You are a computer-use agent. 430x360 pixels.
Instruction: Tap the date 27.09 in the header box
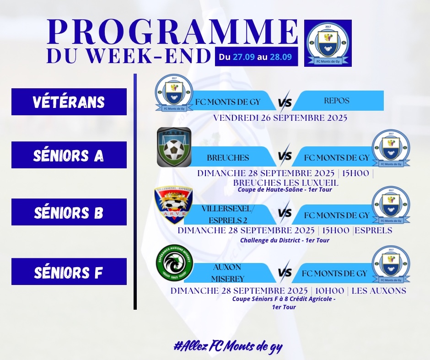click(x=244, y=57)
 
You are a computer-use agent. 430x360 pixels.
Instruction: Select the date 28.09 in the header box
click(x=281, y=57)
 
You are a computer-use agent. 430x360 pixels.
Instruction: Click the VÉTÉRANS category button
click(x=69, y=102)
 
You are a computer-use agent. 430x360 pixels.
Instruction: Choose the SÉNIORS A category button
click(x=69, y=155)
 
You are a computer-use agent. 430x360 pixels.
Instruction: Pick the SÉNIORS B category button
click(x=69, y=212)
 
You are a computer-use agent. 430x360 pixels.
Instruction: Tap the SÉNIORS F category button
click(x=69, y=271)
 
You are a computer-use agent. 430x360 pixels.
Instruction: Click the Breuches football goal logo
click(x=174, y=147)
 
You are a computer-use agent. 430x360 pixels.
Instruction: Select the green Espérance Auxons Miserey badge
click(x=174, y=263)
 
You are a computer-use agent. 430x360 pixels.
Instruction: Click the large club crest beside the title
click(x=328, y=43)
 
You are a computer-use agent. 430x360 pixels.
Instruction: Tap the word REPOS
click(x=337, y=101)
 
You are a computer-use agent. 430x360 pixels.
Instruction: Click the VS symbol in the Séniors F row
click(x=285, y=272)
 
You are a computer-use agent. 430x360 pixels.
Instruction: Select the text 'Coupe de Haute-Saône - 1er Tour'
click(x=285, y=189)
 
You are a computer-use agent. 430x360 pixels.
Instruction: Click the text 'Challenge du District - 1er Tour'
click(x=285, y=241)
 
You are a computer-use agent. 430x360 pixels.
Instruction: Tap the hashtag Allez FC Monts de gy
click(x=228, y=347)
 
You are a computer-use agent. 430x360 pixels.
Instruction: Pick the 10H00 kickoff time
click(x=329, y=290)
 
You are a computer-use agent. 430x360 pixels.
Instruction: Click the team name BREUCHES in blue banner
click(x=228, y=158)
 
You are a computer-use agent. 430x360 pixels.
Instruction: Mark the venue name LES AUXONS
click(x=379, y=290)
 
